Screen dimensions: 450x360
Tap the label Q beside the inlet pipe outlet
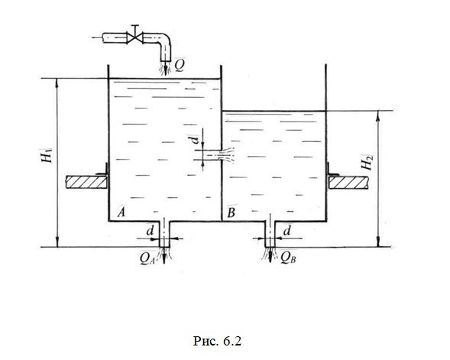[180, 66]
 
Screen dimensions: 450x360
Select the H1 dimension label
[47, 156]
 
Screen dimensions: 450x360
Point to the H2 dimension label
[367, 163]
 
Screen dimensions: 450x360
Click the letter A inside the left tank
[121, 212]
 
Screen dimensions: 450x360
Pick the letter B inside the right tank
[231, 213]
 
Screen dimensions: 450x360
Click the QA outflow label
[147, 258]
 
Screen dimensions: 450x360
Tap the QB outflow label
[288, 258]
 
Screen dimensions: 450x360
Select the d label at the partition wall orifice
[195, 140]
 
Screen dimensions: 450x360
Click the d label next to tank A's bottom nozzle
[150, 231]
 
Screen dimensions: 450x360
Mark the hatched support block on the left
[86, 182]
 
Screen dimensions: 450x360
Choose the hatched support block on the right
[348, 183]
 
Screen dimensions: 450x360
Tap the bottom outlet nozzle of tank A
[164, 234]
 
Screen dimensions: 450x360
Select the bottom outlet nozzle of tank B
[270, 234]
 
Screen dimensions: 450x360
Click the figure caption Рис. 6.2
[217, 341]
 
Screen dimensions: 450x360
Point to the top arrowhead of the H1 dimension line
[57, 82]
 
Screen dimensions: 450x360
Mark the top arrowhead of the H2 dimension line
[378, 115]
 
